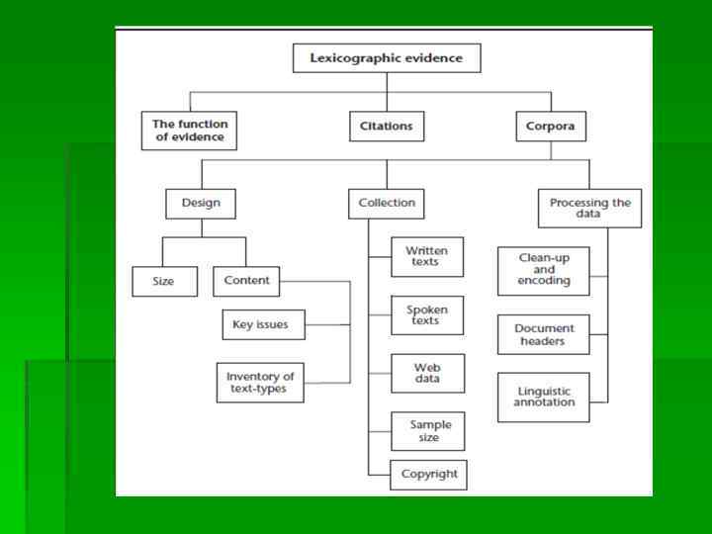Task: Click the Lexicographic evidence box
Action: click(387, 58)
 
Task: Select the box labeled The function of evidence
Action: click(189, 131)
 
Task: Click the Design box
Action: click(201, 204)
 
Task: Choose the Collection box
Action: click(388, 204)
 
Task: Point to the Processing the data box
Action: click(589, 209)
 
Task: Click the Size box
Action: click(163, 281)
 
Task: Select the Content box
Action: click(246, 281)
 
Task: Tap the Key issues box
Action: click(261, 323)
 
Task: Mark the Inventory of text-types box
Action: click(260, 383)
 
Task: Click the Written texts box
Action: click(427, 256)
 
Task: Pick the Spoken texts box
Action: click(427, 314)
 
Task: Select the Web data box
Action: click(427, 373)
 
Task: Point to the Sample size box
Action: click(427, 430)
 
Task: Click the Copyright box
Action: click(428, 474)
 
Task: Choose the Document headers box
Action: click(543, 334)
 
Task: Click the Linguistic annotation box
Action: click(543, 397)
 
